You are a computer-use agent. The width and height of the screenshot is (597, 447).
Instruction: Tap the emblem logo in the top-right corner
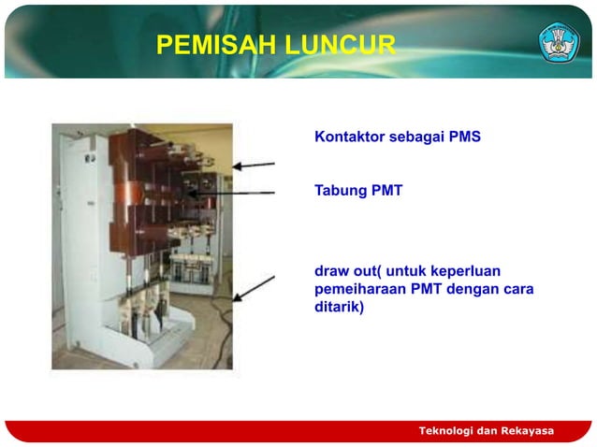(559, 42)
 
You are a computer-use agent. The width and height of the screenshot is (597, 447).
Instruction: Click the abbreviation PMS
(464, 137)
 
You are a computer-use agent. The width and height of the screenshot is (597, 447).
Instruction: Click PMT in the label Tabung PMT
(386, 191)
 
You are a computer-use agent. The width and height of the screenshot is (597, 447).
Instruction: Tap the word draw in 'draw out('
(332, 272)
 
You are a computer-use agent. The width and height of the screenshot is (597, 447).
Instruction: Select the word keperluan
(473, 272)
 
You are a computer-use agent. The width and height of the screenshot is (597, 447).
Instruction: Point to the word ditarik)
(340, 306)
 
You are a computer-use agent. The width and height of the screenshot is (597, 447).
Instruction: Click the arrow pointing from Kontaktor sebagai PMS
(254, 166)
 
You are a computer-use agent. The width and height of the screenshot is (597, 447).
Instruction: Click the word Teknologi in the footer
(448, 430)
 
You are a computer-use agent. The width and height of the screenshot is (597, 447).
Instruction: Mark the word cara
(517, 289)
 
